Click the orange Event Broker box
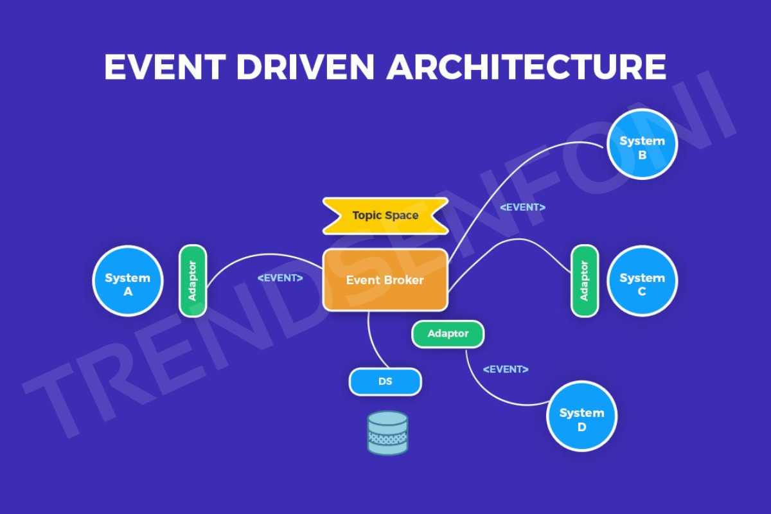[385, 280]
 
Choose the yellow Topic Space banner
[385, 216]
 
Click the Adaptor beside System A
[193, 281]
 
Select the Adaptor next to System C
[584, 281]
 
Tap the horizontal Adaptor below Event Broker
[448, 334]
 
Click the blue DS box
[385, 382]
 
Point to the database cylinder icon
[387, 433]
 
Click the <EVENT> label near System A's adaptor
[280, 278]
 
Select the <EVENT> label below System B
[522, 208]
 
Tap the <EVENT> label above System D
[506, 369]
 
